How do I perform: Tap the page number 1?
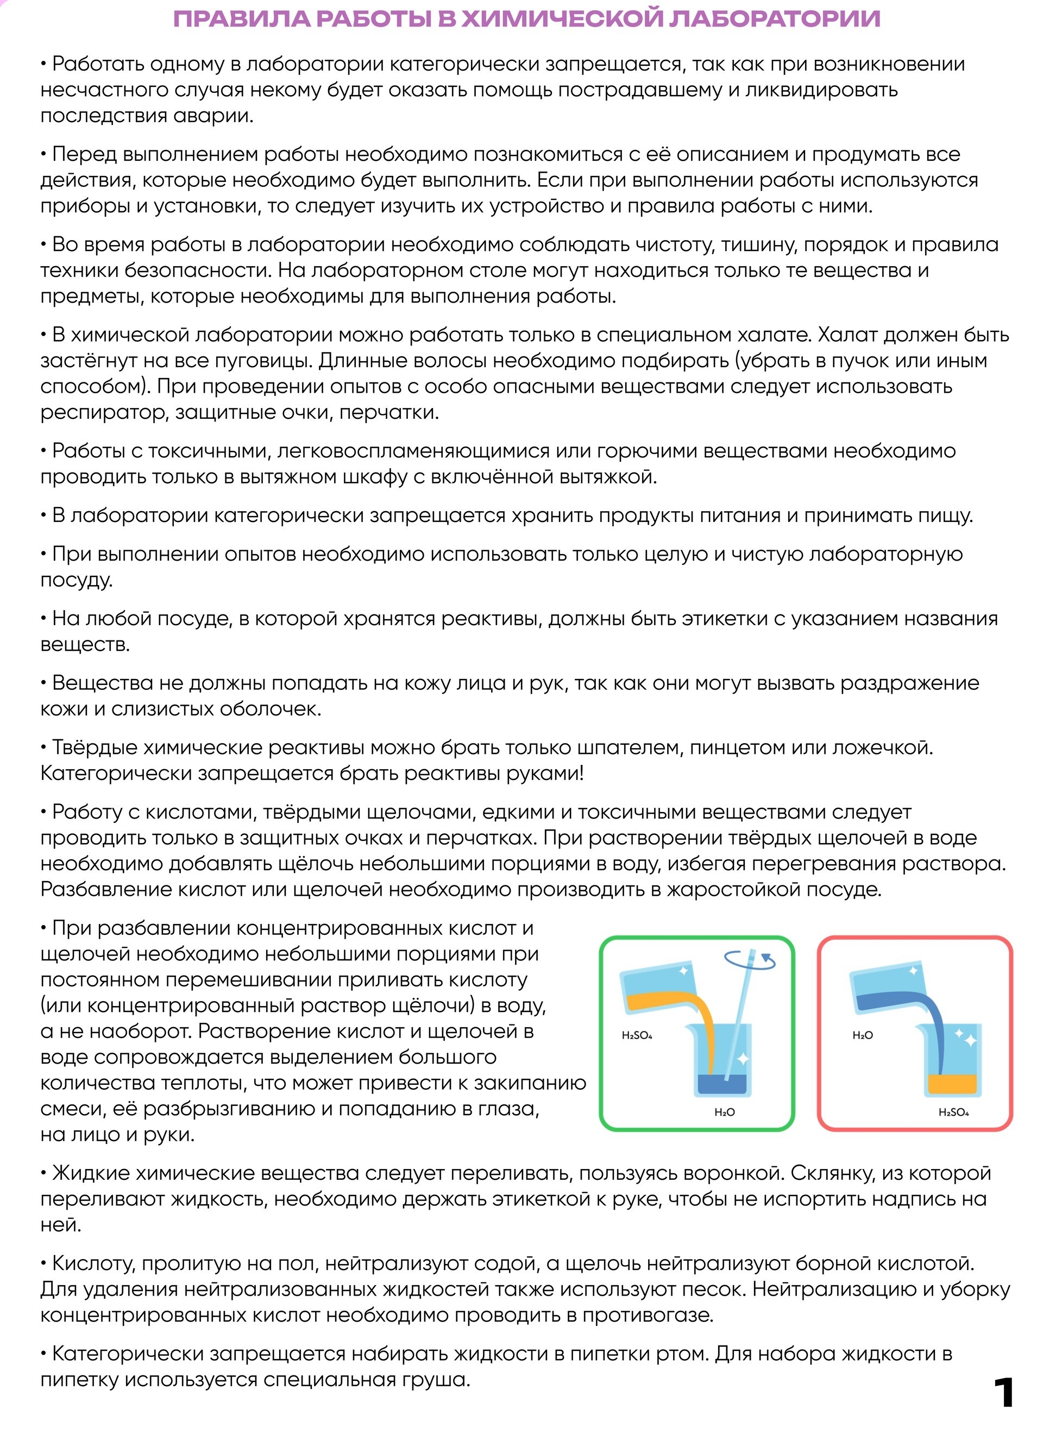pyautogui.click(x=1003, y=1392)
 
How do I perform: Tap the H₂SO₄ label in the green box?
pyautogui.click(x=637, y=1035)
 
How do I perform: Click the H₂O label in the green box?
pyautogui.click(x=724, y=1112)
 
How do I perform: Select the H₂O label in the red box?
pyautogui.click(x=862, y=1035)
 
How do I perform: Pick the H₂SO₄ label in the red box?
pyautogui.click(x=953, y=1112)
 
